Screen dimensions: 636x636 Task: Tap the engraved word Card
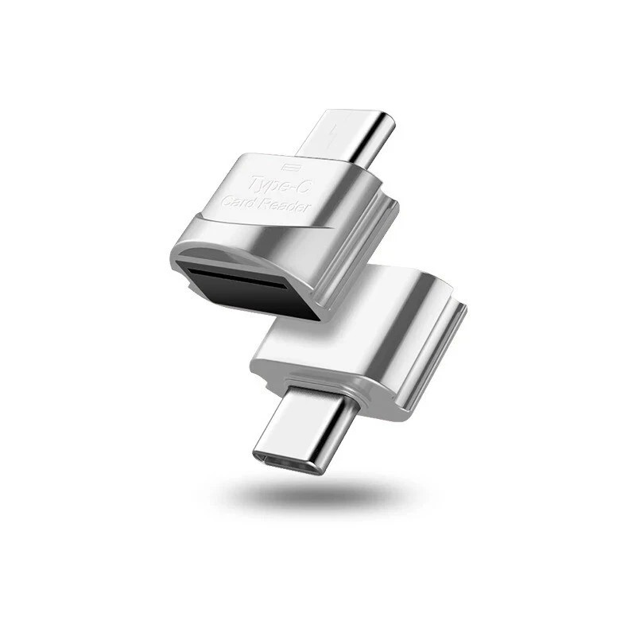pyautogui.click(x=238, y=203)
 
